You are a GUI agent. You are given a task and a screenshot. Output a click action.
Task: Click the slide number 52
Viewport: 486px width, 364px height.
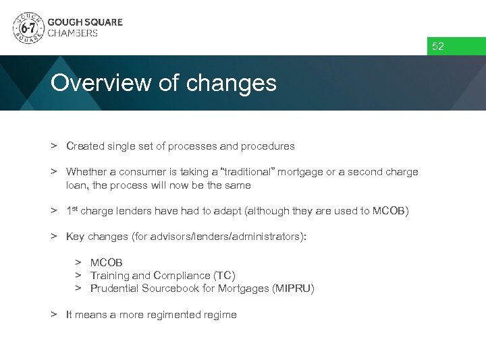pyautogui.click(x=438, y=47)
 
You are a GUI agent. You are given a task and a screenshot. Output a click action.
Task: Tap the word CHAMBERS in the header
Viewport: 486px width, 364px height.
pyautogui.click(x=72, y=33)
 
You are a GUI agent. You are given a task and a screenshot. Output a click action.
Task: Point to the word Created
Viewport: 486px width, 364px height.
pyautogui.click(x=85, y=146)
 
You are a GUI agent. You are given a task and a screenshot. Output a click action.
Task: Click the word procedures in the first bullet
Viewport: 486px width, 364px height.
pyautogui.click(x=270, y=146)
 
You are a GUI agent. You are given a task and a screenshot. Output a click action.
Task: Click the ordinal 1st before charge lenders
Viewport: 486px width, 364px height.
pyautogui.click(x=72, y=210)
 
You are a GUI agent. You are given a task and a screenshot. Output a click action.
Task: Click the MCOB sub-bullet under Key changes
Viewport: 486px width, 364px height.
pyautogui.click(x=107, y=262)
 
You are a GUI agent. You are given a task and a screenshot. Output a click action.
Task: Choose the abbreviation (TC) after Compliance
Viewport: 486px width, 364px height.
pyautogui.click(x=224, y=275)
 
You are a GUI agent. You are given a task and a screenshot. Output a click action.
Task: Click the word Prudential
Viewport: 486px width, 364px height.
pyautogui.click(x=113, y=289)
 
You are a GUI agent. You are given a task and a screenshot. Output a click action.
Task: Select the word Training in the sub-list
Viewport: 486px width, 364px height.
pyautogui.click(x=109, y=275)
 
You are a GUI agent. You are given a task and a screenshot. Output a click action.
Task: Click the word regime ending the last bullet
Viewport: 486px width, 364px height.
pyautogui.click(x=220, y=315)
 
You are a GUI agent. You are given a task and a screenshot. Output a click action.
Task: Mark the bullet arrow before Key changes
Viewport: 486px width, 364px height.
pyautogui.click(x=53, y=236)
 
